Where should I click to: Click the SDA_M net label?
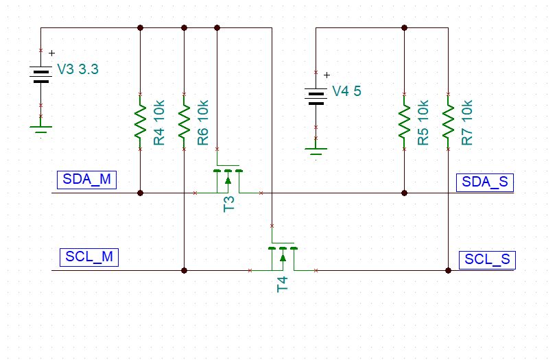pyautogui.click(x=86, y=180)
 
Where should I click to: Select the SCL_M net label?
pyautogui.click(x=88, y=257)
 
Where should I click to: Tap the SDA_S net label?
pyautogui.click(x=484, y=182)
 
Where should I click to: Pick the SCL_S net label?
pyautogui.click(x=487, y=260)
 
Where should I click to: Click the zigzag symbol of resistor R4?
pyautogui.click(x=141, y=121)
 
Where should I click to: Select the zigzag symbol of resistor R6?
pyautogui.click(x=184, y=121)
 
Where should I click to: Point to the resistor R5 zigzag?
pyautogui.click(x=404, y=121)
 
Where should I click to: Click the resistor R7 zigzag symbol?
pyautogui.click(x=448, y=121)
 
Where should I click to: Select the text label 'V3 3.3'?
pyautogui.click(x=78, y=69)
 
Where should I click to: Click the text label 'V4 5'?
pyautogui.click(x=346, y=91)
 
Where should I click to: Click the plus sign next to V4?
pyautogui.click(x=327, y=75)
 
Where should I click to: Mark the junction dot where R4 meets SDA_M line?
pyautogui.click(x=141, y=193)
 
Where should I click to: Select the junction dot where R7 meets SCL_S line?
pyautogui.click(x=448, y=271)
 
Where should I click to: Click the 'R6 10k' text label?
pyautogui.click(x=203, y=123)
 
